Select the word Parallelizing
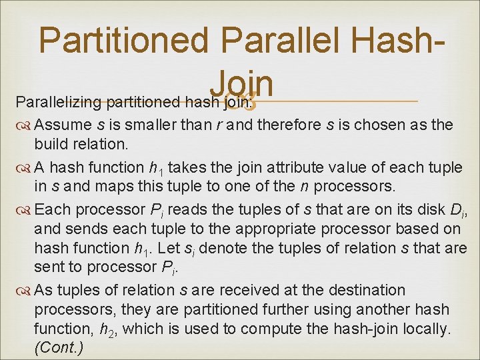pos(57,103)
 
